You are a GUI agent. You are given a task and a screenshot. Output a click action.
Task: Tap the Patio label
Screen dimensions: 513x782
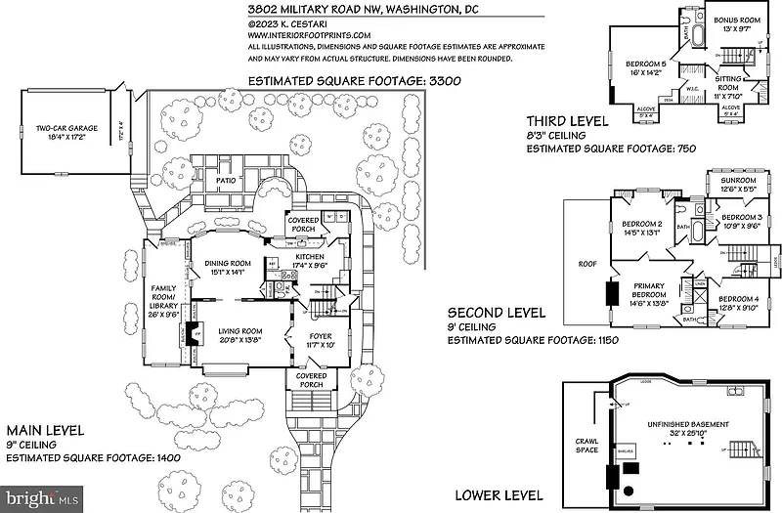(229, 180)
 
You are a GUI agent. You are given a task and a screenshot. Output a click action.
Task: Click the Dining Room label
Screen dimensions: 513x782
(227, 263)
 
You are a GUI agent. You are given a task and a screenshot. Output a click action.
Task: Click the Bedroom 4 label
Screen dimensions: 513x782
(735, 299)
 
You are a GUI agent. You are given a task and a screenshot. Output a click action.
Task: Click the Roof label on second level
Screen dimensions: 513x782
(587, 263)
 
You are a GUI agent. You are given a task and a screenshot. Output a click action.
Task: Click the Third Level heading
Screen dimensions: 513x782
(567, 121)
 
